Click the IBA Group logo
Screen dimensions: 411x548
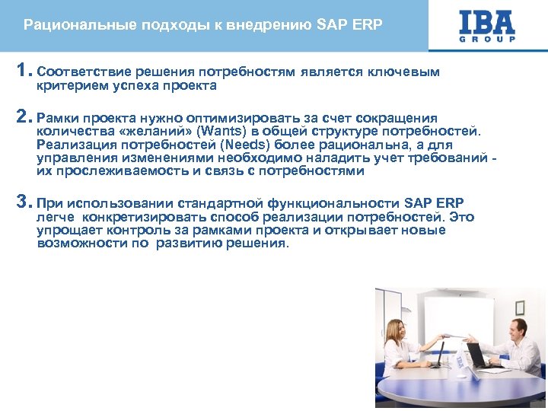pyautogui.click(x=487, y=26)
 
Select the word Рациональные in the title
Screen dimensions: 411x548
pyautogui.click(x=68, y=25)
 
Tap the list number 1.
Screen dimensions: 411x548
pyautogui.click(x=23, y=72)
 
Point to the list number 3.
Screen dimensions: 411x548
pyautogui.click(x=23, y=202)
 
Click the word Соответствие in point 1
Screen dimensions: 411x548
pyautogui.click(x=84, y=72)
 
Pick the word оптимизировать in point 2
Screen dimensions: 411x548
pyautogui.click(x=252, y=119)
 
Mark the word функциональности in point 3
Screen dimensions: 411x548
pyautogui.click(x=339, y=204)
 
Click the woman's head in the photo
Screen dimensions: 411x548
pyautogui.click(x=397, y=329)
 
